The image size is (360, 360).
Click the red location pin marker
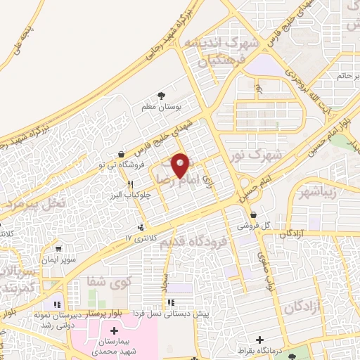pyautogui.click(x=181, y=165)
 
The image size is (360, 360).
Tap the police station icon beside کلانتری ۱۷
pyautogui.click(x=143, y=227)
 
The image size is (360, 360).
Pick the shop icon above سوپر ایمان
pyautogui.click(x=58, y=247)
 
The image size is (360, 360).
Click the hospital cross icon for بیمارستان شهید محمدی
pyautogui.click(x=115, y=330)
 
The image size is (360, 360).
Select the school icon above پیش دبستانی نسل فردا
pyautogui.click(x=170, y=303)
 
